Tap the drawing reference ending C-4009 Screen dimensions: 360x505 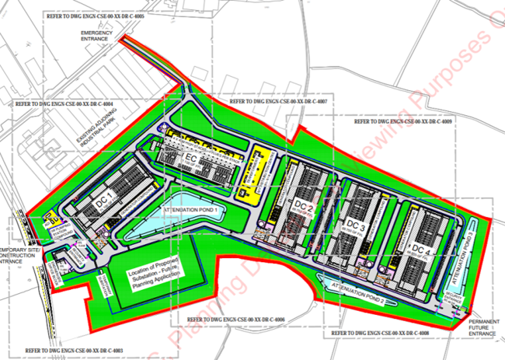point(403,122)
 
